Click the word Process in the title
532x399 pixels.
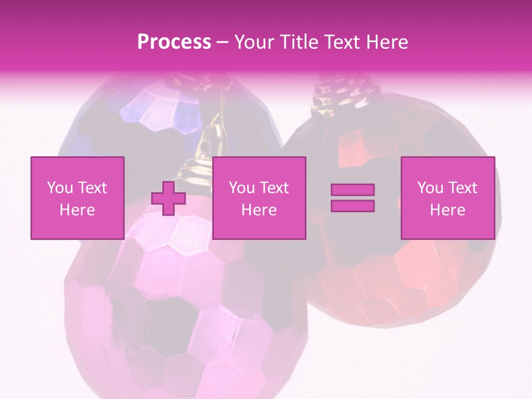pyautogui.click(x=174, y=42)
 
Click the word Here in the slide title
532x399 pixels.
pyautogui.click(x=386, y=42)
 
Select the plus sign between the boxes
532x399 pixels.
pyautogui.click(x=168, y=198)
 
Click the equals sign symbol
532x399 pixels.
pyautogui.click(x=352, y=198)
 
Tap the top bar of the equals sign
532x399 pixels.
pyautogui.click(x=352, y=190)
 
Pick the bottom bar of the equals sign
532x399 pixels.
pyautogui.click(x=352, y=206)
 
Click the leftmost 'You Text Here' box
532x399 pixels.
pyautogui.click(x=77, y=198)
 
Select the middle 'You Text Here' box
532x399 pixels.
pyautogui.click(x=259, y=198)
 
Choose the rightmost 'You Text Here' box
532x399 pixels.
pyautogui.click(x=447, y=198)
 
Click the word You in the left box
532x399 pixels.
pyautogui.click(x=60, y=188)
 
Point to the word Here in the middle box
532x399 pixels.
pyautogui.click(x=259, y=210)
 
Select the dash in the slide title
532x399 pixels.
pyautogui.click(x=222, y=42)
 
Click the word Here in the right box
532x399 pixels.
pyautogui.click(x=447, y=210)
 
